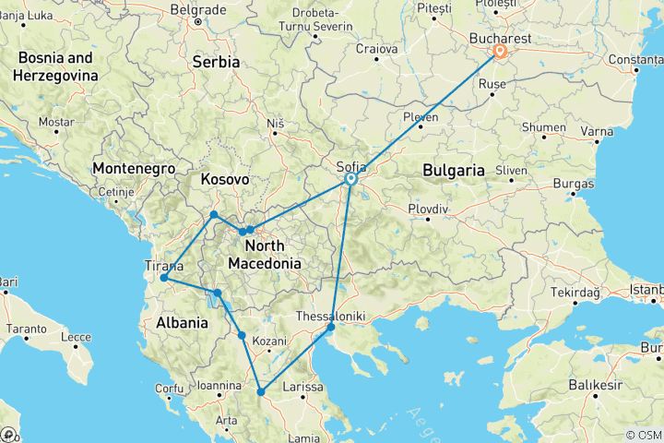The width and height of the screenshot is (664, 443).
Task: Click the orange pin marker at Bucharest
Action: pyautogui.click(x=499, y=52)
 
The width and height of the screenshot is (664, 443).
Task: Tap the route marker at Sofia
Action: pyautogui.click(x=351, y=181)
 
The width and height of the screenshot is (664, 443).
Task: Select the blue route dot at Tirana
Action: pyautogui.click(x=163, y=278)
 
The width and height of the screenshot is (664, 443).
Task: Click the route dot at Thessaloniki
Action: pyautogui.click(x=331, y=327)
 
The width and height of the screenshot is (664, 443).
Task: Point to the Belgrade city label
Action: pyautogui.click(x=197, y=8)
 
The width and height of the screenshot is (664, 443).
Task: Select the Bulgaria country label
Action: pyautogui.click(x=453, y=170)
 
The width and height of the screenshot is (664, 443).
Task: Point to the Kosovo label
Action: pyautogui.click(x=225, y=178)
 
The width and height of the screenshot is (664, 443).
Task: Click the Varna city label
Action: pyautogui.click(x=598, y=131)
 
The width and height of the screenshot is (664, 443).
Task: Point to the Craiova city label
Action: pyautogui.click(x=377, y=48)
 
